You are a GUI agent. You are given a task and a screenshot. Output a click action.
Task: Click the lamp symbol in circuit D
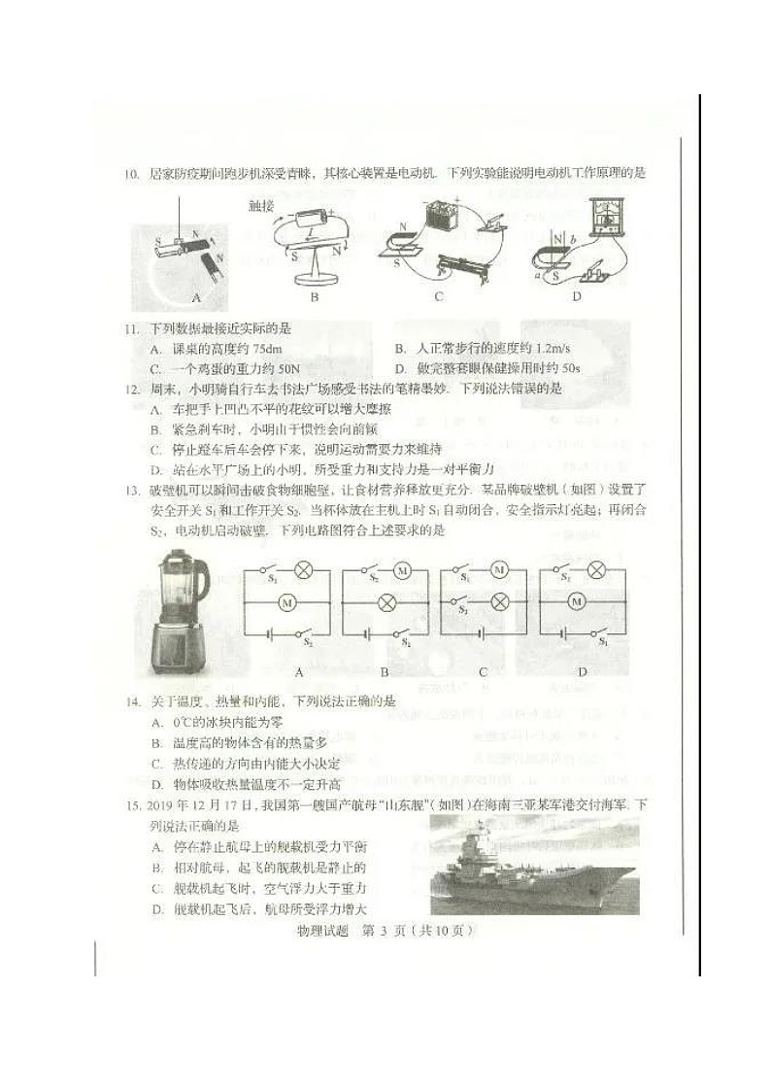click(598, 570)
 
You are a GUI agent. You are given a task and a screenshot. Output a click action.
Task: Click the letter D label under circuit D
click(583, 671)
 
